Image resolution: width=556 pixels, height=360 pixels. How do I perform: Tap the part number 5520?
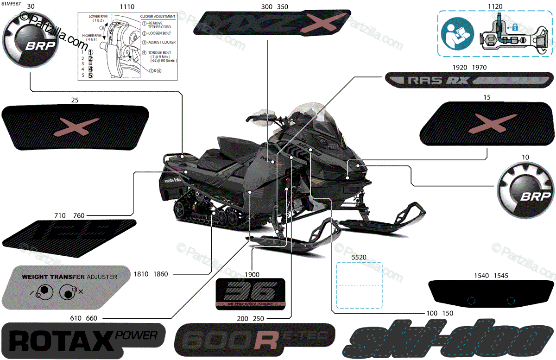click(x=359, y=256)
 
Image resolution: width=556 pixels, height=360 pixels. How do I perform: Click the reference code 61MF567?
click(x=10, y=4)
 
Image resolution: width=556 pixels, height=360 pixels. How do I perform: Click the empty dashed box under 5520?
click(x=359, y=285)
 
